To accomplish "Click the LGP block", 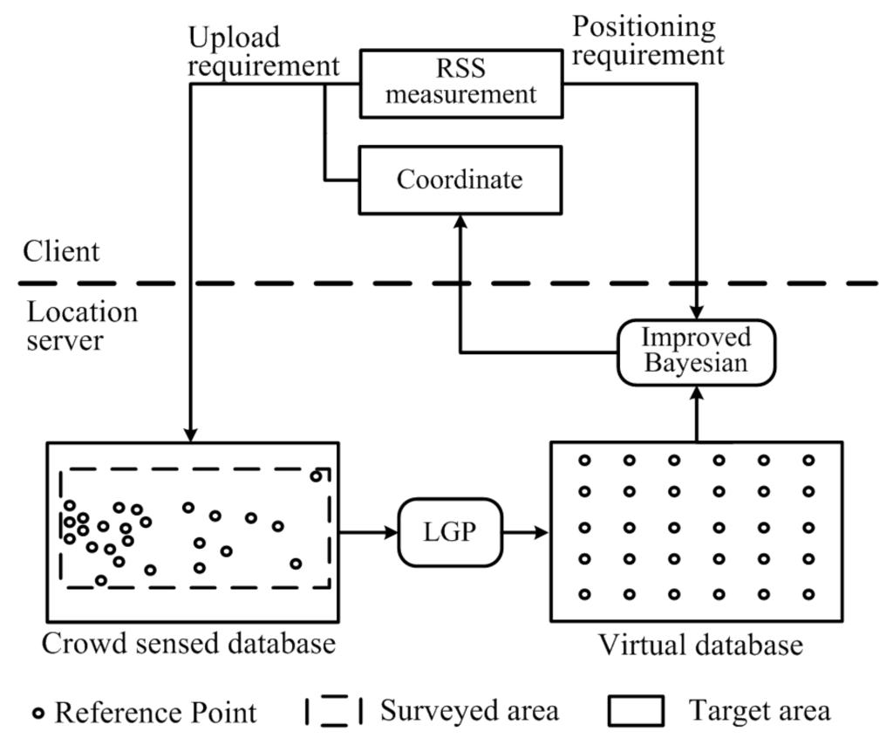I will [452, 531].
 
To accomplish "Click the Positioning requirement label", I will [647, 41].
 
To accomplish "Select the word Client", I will [62, 252].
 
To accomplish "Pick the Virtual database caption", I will [699, 646].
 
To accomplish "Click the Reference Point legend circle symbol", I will [37, 713].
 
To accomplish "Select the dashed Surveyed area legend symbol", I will [333, 711].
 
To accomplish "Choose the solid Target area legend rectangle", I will [637, 711].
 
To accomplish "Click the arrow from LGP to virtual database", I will [527, 531].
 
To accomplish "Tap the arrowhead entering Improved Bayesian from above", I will [696, 314].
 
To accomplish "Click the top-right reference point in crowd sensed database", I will [315, 475].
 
